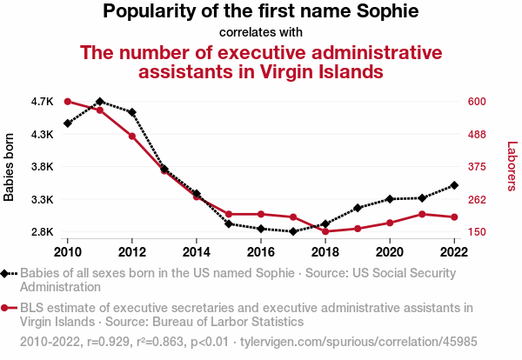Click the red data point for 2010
pos(68,102)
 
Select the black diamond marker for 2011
pos(100,102)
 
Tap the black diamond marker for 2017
pos(293,231)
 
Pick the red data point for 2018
pos(325,231)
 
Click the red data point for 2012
pos(132,136)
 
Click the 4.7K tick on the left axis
pos(42,102)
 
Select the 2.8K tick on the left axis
pos(42,232)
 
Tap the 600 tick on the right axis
pos(477,102)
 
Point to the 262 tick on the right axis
pos(477,200)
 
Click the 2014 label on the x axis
pos(197,251)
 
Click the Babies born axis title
pos(10,167)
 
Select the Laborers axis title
pos(512,167)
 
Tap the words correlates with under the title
pos(261,33)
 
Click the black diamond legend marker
pos(6,273)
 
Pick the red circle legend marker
pos(6,308)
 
